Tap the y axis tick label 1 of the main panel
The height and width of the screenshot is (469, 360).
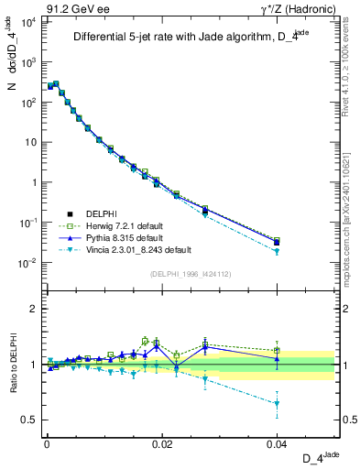click(34, 182)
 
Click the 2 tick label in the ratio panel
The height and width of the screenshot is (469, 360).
click(34, 309)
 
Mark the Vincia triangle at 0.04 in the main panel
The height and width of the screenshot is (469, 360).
click(277, 251)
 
